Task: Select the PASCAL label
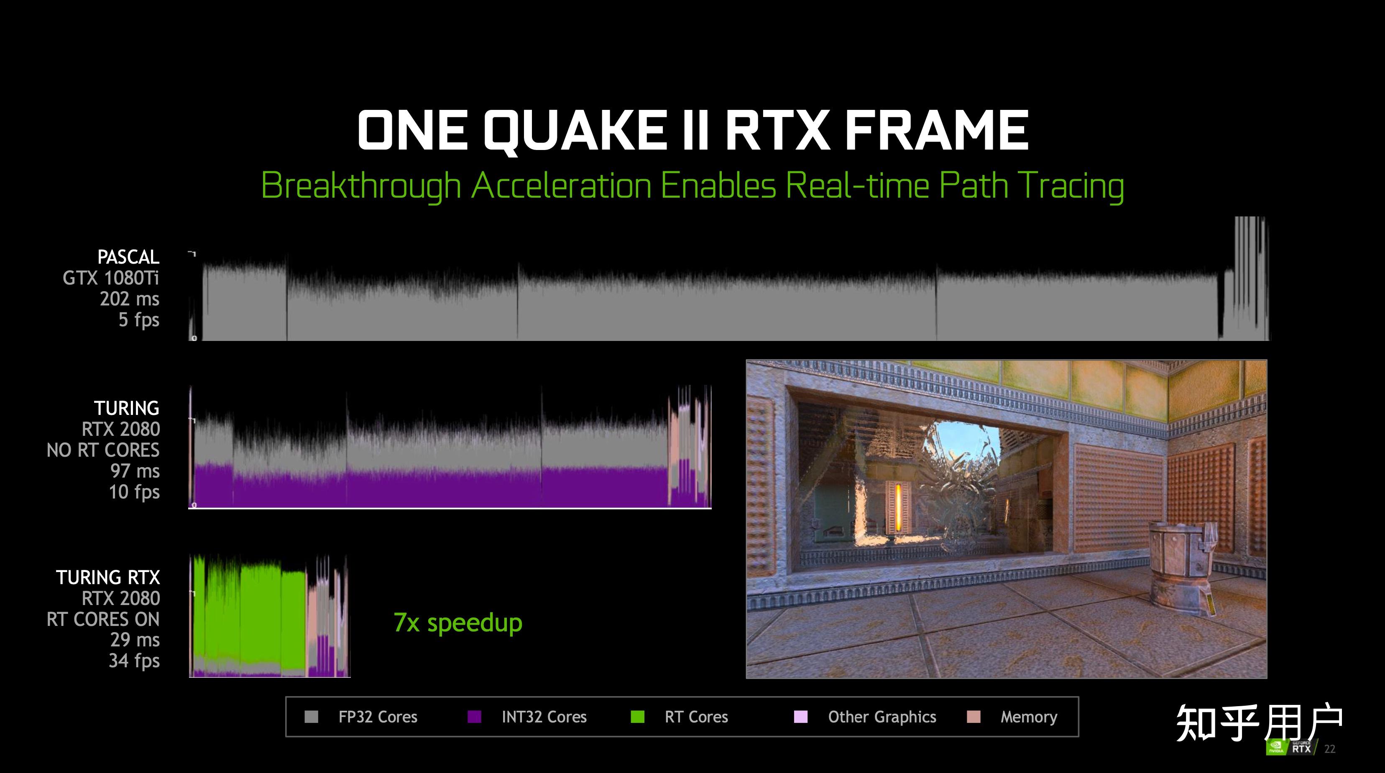click(x=128, y=257)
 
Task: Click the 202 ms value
click(x=130, y=299)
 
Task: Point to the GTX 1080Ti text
click(x=111, y=278)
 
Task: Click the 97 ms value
click(x=135, y=471)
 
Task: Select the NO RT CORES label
click(x=103, y=450)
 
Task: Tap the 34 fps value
click(x=134, y=661)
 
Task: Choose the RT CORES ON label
click(x=103, y=619)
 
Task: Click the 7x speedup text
click(x=458, y=623)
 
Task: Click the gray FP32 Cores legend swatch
click(x=311, y=717)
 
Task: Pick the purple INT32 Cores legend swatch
click(x=474, y=717)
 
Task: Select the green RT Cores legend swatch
click(x=638, y=717)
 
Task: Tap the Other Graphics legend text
click(x=882, y=717)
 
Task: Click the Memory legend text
click(x=1029, y=717)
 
